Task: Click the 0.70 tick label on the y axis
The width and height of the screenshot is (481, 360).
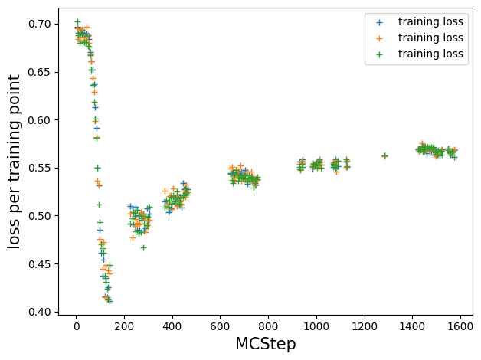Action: point(39,24)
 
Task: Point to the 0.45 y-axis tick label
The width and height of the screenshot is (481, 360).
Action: point(39,264)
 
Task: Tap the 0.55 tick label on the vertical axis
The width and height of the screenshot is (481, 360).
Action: point(39,168)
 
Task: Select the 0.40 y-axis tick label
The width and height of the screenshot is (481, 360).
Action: point(39,312)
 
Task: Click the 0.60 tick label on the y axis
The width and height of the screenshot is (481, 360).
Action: point(39,120)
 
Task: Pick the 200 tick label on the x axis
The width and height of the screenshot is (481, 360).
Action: point(124,326)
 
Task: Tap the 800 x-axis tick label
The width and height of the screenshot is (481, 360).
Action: point(268,326)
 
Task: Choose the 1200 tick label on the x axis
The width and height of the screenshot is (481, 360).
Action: point(365,326)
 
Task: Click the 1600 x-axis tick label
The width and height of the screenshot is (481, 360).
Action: point(460,326)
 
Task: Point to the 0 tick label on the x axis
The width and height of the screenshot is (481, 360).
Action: point(77,326)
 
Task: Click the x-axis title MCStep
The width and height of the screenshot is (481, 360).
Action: point(266,344)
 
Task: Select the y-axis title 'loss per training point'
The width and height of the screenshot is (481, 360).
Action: point(14,162)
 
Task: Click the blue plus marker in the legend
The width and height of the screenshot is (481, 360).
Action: point(379,22)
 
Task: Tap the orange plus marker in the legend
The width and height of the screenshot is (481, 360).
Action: point(379,38)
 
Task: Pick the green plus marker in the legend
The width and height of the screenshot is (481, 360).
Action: point(379,54)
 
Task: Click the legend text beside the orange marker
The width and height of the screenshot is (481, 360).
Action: point(430,38)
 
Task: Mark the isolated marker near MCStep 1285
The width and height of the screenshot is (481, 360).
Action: point(384,156)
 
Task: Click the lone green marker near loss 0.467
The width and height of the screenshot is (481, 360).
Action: point(143,247)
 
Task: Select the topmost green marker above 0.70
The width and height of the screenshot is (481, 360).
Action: point(77,21)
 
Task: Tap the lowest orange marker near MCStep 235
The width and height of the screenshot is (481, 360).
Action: point(133,237)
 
